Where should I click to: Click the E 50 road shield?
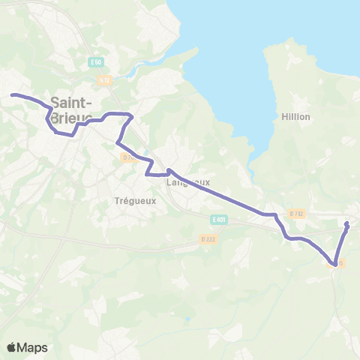94,61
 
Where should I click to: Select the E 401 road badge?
218,218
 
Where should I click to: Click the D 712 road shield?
297,214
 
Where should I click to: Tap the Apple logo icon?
12,347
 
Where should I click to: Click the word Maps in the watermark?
33,347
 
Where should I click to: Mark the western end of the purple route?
12,94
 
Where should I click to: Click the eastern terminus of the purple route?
347,224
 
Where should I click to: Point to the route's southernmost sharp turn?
334,263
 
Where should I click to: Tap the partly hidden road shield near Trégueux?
127,157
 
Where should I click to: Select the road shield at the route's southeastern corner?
340,263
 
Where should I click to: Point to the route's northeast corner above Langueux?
131,115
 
